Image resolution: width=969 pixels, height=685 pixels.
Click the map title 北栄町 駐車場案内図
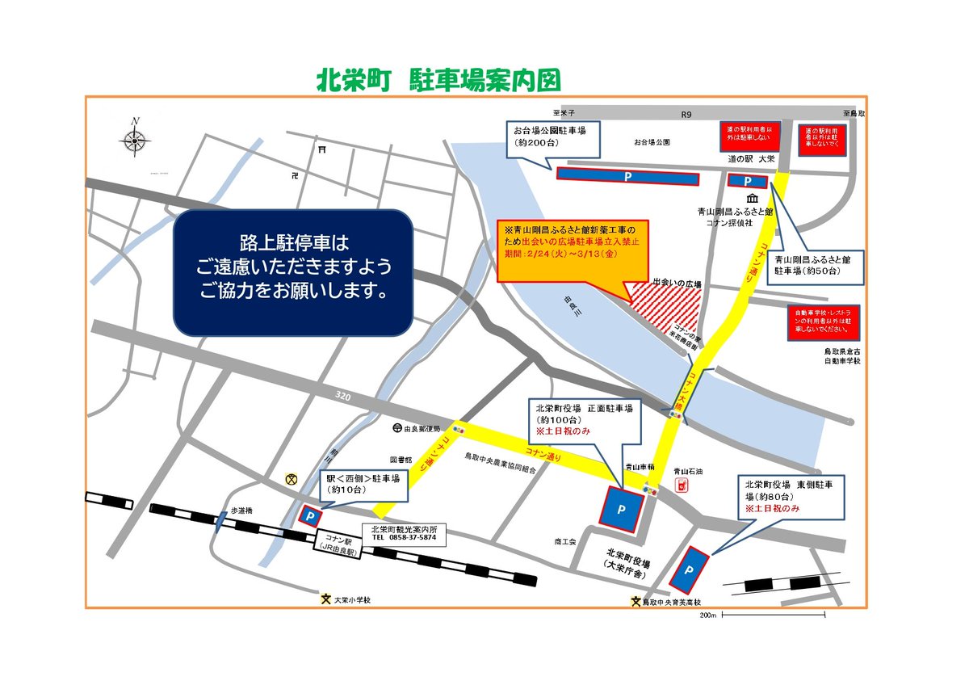[438, 81]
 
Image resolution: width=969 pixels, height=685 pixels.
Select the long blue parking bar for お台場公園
[627, 175]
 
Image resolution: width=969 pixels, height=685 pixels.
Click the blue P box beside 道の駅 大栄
[747, 182]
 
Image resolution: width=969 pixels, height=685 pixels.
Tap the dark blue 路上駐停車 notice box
[293, 272]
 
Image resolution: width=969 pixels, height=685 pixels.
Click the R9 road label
[686, 116]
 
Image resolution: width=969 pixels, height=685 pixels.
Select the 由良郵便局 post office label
[420, 428]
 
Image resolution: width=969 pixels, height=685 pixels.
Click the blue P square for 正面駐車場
[621, 508]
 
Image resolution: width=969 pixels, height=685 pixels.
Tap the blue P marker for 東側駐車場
[690, 569]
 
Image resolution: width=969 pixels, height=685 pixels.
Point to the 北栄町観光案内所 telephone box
[403, 533]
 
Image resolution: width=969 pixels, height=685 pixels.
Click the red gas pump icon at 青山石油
[681, 485]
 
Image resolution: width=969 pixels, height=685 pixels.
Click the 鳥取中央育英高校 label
[671, 602]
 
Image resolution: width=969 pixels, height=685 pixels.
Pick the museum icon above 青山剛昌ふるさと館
[753, 200]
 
